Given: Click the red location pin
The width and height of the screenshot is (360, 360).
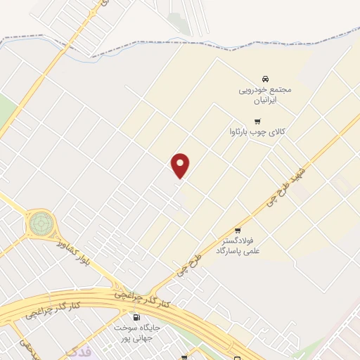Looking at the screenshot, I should coord(181,165).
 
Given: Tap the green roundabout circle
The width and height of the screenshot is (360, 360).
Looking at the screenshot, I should coord(40,224).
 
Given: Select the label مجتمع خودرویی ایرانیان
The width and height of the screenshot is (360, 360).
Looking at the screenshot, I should coord(264,95).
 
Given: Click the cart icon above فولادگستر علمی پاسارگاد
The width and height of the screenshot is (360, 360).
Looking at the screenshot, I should coord(238,230).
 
